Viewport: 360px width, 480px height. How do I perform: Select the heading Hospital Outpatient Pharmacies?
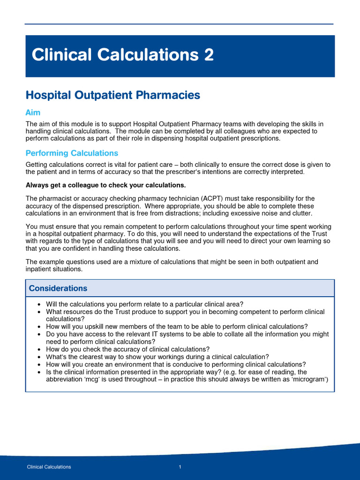pyautogui.click(x=112, y=95)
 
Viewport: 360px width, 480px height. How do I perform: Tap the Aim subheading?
pyautogui.click(x=33, y=113)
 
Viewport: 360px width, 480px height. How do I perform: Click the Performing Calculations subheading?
pyautogui.click(x=72, y=153)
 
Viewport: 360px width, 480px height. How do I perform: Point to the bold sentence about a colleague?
pyautogui.click(x=105, y=184)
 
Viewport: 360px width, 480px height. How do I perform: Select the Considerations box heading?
pyautogui.click(x=58, y=288)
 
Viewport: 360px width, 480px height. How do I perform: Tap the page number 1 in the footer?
pyautogui.click(x=180, y=467)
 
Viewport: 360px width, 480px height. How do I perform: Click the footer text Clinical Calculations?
pyautogui.click(x=49, y=467)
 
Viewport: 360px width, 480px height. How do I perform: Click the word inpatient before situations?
pyautogui.click(x=38, y=269)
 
